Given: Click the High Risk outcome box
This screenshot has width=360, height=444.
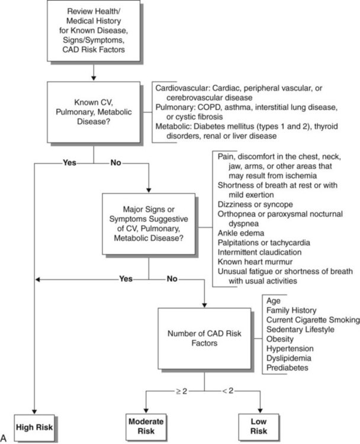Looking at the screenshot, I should point(36,426).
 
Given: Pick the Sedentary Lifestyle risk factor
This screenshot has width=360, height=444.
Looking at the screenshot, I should point(301,329).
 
